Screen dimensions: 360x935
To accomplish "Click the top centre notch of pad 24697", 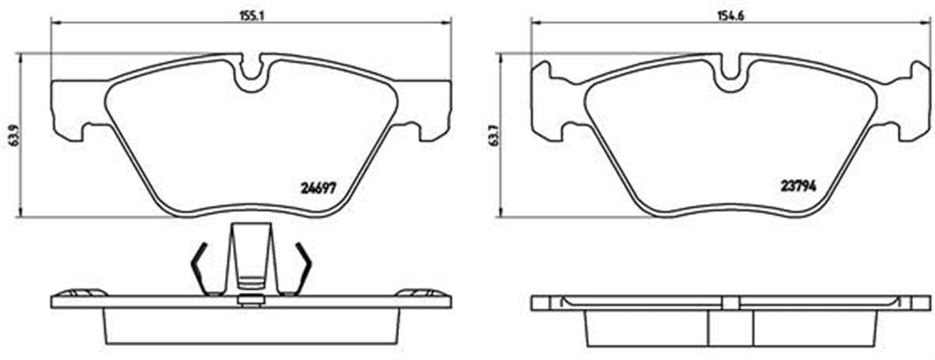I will [x=251, y=72].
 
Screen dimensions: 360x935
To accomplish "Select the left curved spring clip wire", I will [x=199, y=269].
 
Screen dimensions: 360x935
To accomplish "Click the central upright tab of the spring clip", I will [x=251, y=253].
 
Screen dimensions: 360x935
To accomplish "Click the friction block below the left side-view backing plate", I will [x=251, y=327].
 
